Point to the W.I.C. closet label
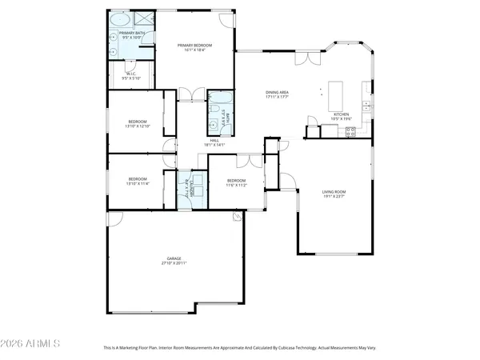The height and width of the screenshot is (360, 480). tap(130, 76)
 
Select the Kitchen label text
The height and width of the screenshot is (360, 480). tap(342, 114)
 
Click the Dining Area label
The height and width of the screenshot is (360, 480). tap(278, 93)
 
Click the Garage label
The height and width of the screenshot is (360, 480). tap(174, 258)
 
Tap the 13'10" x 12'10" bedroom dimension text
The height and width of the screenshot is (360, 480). tap(138, 126)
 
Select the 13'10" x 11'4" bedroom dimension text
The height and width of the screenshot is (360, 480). tap(138, 183)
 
